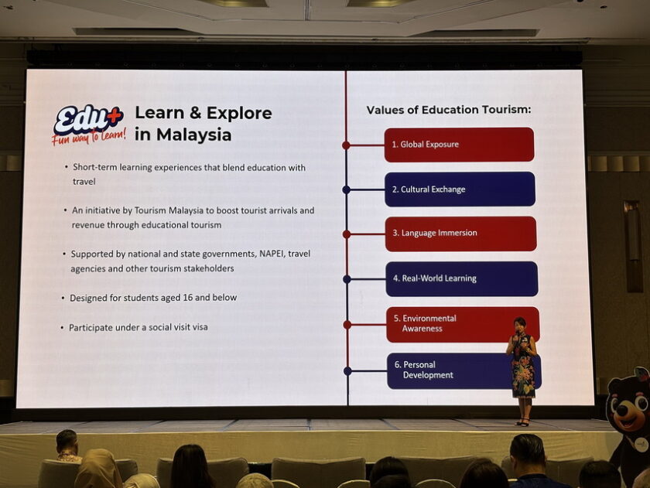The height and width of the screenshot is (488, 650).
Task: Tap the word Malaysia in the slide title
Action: click(193, 135)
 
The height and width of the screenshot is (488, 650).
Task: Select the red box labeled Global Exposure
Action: click(459, 145)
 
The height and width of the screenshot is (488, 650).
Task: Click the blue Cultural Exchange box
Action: click(460, 189)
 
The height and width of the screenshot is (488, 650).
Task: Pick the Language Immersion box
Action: click(460, 234)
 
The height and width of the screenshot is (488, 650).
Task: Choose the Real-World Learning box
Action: click(462, 278)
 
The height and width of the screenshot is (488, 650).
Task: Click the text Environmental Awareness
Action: click(425, 323)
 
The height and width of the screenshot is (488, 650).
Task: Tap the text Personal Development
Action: click(424, 370)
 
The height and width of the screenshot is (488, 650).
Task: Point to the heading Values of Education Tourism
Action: click(449, 110)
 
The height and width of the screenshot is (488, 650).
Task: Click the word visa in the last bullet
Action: click(200, 327)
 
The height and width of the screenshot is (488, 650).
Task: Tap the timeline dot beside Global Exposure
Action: click(346, 145)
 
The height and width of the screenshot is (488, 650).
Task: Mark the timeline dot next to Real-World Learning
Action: click(347, 280)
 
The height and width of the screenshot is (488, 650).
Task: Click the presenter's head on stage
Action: click(519, 324)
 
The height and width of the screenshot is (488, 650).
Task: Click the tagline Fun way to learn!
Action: click(89, 136)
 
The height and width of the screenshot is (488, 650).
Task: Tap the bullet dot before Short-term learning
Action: click(67, 166)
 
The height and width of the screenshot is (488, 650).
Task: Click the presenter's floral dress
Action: click(522, 369)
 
